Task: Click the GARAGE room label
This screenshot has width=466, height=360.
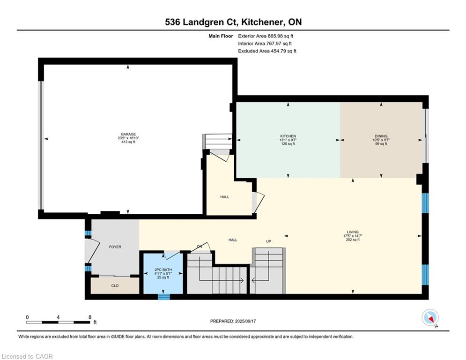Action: click(128, 134)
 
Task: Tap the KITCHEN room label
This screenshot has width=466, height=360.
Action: click(288, 136)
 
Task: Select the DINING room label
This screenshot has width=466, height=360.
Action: click(381, 136)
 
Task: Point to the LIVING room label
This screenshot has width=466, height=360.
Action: click(353, 232)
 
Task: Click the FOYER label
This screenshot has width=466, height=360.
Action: click(115, 247)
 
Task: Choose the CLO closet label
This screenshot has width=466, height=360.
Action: click(115, 285)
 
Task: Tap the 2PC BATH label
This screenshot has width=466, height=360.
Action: click(163, 270)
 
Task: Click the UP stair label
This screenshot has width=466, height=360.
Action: click(269, 241)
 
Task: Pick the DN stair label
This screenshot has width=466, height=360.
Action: click(200, 247)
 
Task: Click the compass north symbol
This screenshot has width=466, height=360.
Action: click(430, 318)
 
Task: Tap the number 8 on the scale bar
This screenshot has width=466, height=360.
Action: click(90, 317)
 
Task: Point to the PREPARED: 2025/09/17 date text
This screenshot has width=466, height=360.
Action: click(233, 321)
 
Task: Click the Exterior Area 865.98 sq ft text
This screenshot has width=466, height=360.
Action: click(266, 36)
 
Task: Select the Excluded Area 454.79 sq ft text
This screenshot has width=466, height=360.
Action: click(267, 51)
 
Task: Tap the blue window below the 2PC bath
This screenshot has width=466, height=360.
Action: click(163, 297)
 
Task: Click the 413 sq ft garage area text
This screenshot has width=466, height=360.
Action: click(128, 142)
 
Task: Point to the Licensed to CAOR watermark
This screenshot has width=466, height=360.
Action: click(27, 356)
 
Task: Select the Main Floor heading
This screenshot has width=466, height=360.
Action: click(221, 36)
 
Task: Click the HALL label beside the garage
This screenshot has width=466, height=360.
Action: click(225, 197)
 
